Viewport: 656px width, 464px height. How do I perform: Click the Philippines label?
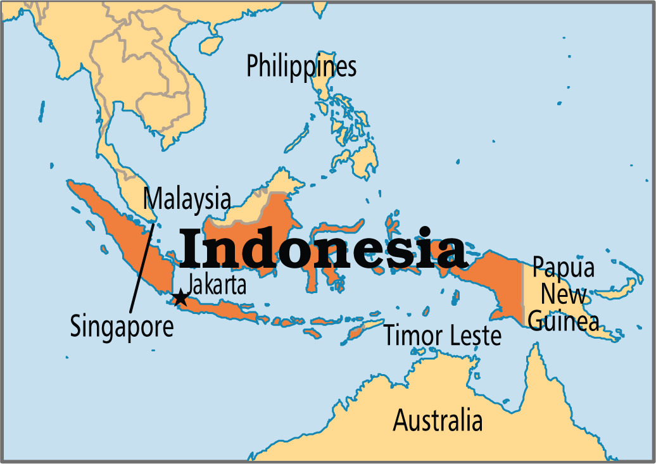point(301,66)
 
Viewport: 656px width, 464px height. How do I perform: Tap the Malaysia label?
point(186,199)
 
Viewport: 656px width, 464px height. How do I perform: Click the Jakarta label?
point(217,284)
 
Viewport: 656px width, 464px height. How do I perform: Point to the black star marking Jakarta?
point(180,298)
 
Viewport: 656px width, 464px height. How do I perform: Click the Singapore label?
point(122,327)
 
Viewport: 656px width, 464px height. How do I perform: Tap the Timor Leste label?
point(443,336)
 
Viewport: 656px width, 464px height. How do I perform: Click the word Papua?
point(563,268)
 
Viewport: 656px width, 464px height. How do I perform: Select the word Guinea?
point(563,321)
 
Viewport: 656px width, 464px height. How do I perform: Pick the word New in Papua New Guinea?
point(564,294)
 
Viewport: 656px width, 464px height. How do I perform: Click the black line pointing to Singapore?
point(141,266)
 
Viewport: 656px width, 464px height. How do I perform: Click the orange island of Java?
point(218,308)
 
